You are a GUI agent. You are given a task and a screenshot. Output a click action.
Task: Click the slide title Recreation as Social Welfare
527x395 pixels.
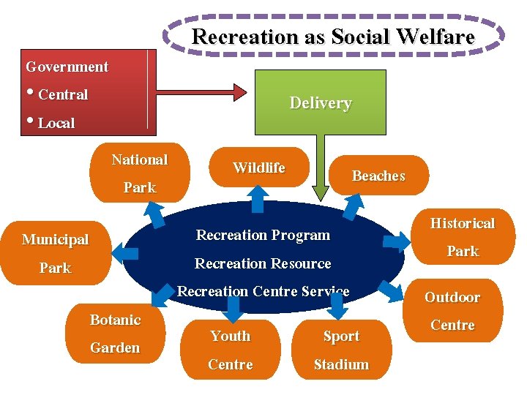click(333, 37)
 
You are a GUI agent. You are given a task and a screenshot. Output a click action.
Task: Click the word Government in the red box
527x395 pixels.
click(67, 67)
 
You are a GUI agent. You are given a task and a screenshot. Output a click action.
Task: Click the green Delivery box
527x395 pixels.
click(320, 102)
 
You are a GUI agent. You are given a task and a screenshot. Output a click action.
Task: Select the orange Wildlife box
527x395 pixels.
click(258, 168)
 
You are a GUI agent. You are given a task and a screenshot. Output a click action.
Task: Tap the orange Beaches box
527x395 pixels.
click(378, 176)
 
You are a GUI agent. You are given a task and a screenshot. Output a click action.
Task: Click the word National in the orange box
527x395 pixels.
click(139, 159)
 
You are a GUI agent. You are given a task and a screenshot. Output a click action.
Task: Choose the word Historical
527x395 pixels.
click(462, 223)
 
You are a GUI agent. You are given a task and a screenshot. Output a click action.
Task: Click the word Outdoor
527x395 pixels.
click(452, 297)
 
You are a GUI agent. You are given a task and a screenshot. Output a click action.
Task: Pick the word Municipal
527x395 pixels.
click(55, 239)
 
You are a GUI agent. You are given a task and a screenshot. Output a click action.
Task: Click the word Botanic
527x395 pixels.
click(115, 320)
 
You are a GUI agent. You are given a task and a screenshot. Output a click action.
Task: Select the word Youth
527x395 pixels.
click(230, 336)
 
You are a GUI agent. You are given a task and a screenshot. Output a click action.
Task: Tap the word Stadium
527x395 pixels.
click(341, 364)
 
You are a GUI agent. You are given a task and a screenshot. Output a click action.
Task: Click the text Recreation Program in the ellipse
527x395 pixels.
click(263, 235)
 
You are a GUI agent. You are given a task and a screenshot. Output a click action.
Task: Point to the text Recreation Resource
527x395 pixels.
click(263, 263)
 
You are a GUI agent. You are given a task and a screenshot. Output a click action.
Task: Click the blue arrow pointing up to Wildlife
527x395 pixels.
click(258, 198)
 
